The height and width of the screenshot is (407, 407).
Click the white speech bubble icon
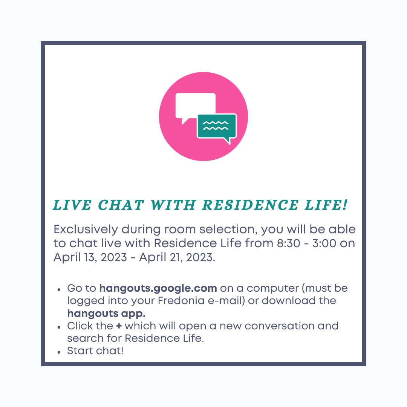[195, 106]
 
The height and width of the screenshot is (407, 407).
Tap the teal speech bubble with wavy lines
[217, 127]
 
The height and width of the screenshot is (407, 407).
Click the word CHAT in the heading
[121, 205]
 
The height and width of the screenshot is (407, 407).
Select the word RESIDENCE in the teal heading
[250, 205]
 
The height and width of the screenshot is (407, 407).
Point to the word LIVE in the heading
[72, 205]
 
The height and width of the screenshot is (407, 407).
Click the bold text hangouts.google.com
[158, 288]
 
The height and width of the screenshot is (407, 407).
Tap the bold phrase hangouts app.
[106, 314]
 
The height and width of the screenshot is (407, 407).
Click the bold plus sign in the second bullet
[119, 326]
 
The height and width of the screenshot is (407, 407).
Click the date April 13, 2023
[90, 257]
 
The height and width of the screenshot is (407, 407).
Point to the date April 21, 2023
[177, 257]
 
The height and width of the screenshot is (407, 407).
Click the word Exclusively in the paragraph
[86, 230]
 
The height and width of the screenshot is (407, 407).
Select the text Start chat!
[95, 351]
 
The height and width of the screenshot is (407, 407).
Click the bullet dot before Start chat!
[59, 352]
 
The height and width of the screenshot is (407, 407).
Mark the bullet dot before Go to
[59, 290]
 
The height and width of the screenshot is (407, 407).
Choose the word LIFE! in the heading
[326, 205]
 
